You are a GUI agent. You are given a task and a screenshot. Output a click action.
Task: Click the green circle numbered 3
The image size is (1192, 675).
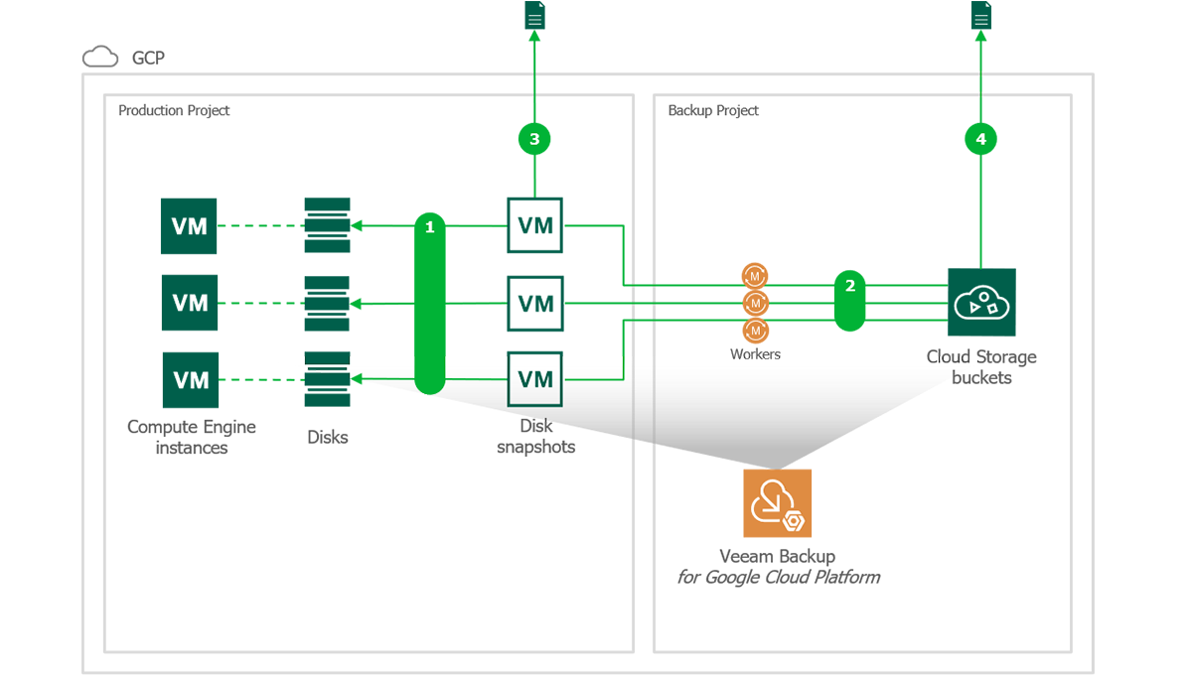point(534,139)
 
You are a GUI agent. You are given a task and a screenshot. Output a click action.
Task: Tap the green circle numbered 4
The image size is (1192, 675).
point(980,139)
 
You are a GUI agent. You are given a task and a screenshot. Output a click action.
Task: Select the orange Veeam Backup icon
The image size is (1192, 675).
point(777,503)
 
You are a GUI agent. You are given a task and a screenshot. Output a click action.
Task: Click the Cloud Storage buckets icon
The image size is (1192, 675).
point(981,303)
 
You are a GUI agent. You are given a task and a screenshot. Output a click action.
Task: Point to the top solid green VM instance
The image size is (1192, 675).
point(189,226)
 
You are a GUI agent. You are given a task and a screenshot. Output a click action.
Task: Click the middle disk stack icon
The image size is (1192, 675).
point(327,303)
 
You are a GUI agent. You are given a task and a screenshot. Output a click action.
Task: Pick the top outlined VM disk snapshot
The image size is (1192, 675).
point(534,226)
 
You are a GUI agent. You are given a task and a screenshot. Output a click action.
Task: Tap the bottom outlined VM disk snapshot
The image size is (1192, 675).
point(534,379)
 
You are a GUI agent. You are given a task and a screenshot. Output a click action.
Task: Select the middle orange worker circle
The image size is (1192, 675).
point(755,303)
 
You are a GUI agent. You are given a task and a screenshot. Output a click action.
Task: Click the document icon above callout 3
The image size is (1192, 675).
point(534,16)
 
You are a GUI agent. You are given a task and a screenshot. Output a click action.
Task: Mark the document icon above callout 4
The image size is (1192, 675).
point(980,16)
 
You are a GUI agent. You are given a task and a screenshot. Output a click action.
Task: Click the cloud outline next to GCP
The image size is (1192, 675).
point(100,57)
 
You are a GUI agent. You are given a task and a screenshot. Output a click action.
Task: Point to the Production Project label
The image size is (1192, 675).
point(174,110)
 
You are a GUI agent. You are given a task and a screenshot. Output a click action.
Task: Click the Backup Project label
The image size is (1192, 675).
point(713,110)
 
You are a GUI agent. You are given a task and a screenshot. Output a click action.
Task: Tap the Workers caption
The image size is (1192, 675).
point(755,354)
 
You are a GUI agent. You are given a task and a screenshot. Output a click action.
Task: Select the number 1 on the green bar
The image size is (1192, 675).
point(429,227)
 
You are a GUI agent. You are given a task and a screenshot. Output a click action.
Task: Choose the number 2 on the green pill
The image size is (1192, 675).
point(849,286)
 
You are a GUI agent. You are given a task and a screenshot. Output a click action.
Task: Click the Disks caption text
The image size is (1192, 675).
point(328,437)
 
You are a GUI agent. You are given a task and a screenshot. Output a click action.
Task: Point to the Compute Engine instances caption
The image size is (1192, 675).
point(192,437)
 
